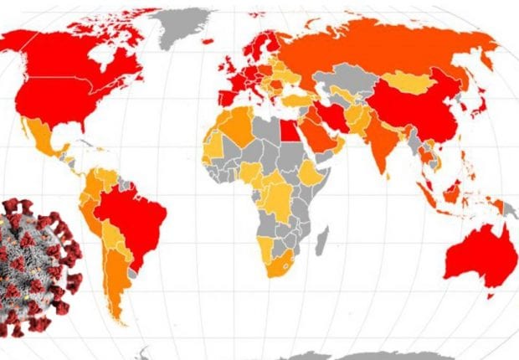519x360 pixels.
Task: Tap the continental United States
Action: pyautogui.click(x=67, y=100)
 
